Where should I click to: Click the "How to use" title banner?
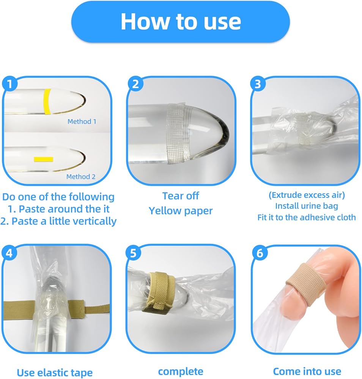click(x=181, y=22)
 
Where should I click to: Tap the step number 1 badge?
click(x=10, y=84)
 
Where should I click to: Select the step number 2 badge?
click(x=135, y=84)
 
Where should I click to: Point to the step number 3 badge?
click(x=258, y=84)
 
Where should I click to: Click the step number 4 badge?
click(x=9, y=253)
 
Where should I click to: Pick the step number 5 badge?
click(x=133, y=253)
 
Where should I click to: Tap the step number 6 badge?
click(x=260, y=253)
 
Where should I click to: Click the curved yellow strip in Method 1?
click(x=47, y=101)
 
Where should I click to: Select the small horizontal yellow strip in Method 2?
click(x=43, y=159)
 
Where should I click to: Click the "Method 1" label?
click(x=82, y=121)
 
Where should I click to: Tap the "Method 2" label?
click(x=81, y=177)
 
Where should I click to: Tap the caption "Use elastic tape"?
click(x=55, y=373)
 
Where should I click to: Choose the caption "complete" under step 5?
click(x=181, y=371)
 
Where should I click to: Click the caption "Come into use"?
click(x=307, y=371)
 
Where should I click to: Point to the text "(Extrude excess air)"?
click(x=307, y=195)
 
